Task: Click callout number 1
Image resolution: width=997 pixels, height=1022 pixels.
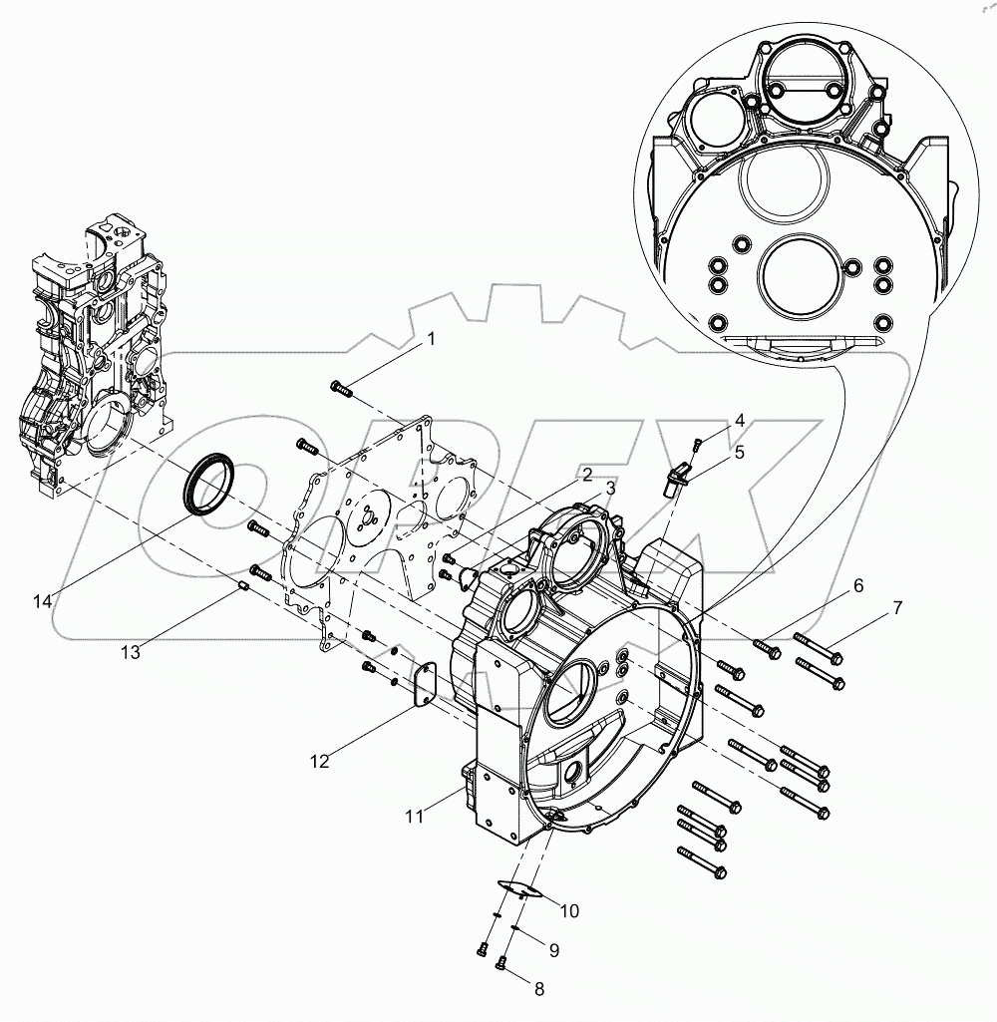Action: click(x=431, y=340)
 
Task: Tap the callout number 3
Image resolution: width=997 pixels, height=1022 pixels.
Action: click(x=609, y=490)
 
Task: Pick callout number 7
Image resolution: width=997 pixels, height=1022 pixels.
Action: click(x=897, y=607)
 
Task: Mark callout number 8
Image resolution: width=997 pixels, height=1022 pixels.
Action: click(x=539, y=990)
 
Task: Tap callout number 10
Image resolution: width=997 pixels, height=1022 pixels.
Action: click(x=569, y=910)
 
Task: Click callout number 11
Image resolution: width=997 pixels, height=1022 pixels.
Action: click(x=415, y=817)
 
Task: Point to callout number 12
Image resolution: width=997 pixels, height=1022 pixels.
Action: click(x=319, y=762)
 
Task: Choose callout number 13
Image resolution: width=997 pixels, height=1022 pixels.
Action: click(x=131, y=652)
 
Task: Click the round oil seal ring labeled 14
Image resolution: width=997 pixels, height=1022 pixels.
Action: click(x=210, y=482)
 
